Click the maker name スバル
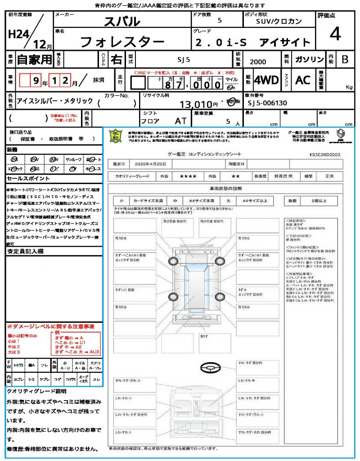pos(122,21)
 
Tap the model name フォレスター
pos(122,42)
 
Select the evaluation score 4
pos(334,34)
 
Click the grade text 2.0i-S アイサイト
pos(252,43)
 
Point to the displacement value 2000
pos(257,62)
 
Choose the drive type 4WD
pos(266,80)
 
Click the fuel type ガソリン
pos(309,59)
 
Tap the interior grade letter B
pos(344,59)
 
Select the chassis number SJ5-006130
pos(267,103)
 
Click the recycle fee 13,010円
pos(199,104)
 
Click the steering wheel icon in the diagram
pos(211,368)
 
